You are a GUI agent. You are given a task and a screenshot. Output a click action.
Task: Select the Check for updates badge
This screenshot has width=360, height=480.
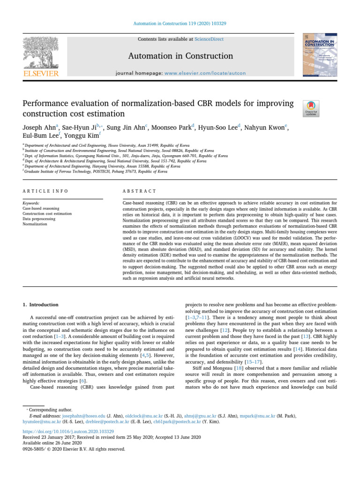coord(312,108)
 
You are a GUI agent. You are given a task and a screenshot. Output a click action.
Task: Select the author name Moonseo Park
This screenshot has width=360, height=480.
coord(175,127)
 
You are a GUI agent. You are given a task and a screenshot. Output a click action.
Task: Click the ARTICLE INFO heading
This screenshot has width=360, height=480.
coord(45,191)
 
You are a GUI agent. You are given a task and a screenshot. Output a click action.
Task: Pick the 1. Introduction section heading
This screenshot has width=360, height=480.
coord(41,305)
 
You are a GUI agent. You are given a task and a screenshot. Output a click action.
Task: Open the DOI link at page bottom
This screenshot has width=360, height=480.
coord(68,431)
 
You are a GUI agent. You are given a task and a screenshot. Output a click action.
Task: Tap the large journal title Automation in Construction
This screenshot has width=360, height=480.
coord(181,56)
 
